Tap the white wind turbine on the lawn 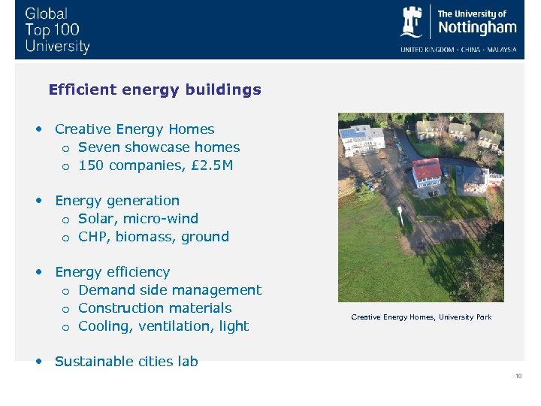pyautogui.click(x=400, y=215)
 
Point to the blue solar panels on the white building pyautogui.click(x=352, y=133)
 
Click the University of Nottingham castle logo pyautogui.click(x=412, y=22)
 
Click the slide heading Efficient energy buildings pyautogui.click(x=155, y=89)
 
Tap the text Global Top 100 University pyautogui.click(x=57, y=30)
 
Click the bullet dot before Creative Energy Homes pyautogui.click(x=38, y=129)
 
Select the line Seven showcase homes pyautogui.click(x=159, y=147)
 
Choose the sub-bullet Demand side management pyautogui.click(x=170, y=290)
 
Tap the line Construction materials pyautogui.click(x=155, y=308)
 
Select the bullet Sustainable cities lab pyautogui.click(x=126, y=362)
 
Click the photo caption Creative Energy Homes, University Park pyautogui.click(x=421, y=317)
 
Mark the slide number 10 pyautogui.click(x=518, y=376)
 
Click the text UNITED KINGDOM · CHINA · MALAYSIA pyautogui.click(x=458, y=50)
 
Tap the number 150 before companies pyautogui.click(x=91, y=165)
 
